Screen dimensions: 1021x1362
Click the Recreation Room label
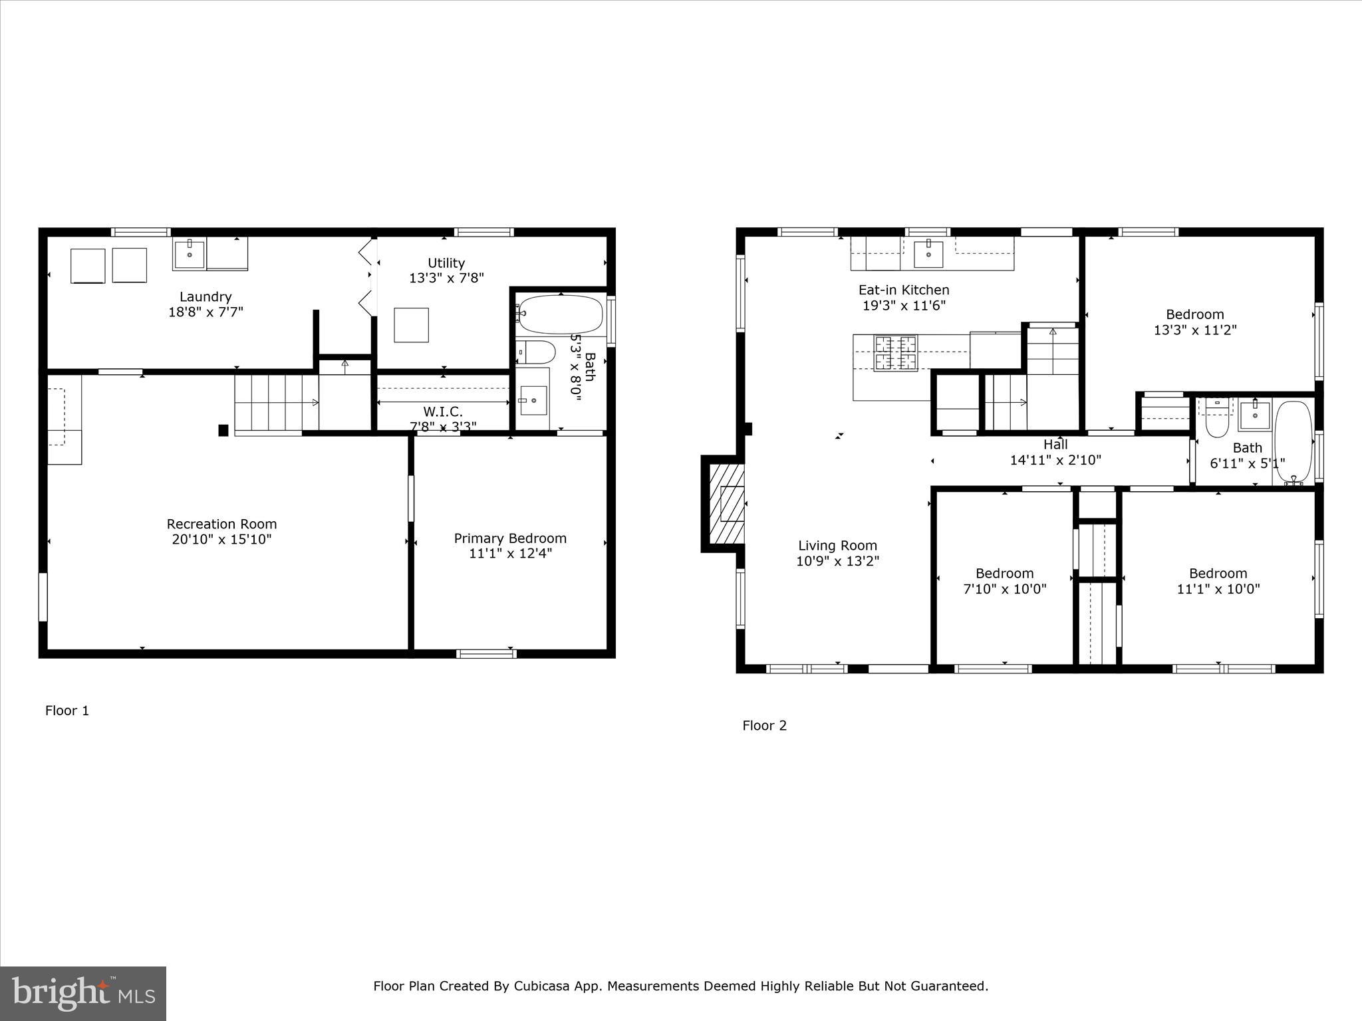[x=221, y=524]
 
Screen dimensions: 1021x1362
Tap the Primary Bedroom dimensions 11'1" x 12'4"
[x=510, y=553]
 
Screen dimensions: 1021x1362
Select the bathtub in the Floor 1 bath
[x=560, y=314]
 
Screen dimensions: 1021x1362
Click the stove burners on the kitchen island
[x=894, y=353]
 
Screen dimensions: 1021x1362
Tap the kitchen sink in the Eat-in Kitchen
[x=928, y=253]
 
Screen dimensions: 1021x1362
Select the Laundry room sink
[x=190, y=253]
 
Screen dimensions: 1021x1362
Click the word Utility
[x=446, y=263]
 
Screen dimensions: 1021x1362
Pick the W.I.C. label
[x=442, y=411]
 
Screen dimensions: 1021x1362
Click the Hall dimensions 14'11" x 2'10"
[x=1055, y=459]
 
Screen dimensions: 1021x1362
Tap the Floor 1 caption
[x=67, y=711]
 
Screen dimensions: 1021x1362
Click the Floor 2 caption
[x=764, y=725]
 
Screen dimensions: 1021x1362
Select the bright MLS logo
[x=83, y=994]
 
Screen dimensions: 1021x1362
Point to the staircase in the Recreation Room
[x=276, y=403]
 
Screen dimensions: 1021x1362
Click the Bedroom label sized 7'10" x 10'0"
[x=1004, y=573]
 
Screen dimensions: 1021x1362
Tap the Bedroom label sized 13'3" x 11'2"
[x=1194, y=314]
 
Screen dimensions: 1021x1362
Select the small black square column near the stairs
[x=223, y=431]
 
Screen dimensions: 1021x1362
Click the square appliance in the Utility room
[x=411, y=325]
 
